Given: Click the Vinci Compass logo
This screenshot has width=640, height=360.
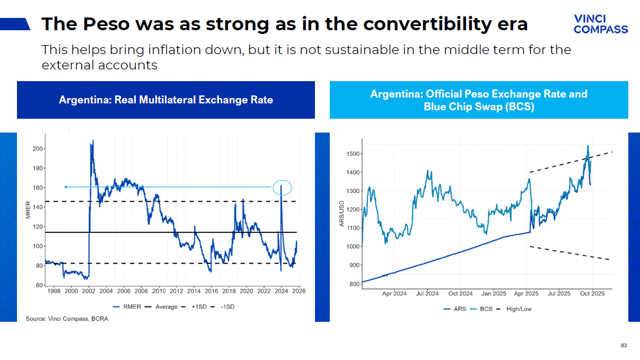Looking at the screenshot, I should (600, 24).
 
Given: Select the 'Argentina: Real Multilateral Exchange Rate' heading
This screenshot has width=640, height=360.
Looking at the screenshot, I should (166, 100).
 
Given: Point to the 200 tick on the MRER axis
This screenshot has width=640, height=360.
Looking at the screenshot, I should (37, 148).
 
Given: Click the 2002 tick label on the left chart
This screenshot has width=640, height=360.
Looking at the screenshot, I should (89, 291).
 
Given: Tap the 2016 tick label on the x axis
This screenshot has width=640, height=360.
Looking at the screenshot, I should (211, 291).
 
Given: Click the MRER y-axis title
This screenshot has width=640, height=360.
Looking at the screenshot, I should (28, 209).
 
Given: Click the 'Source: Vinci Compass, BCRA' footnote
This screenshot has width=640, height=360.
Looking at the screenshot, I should (67, 319).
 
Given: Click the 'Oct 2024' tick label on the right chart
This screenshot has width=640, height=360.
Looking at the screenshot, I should (460, 294).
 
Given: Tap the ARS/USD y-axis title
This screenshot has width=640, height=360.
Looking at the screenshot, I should (341, 214).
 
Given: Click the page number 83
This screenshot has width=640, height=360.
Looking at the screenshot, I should (624, 346).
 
